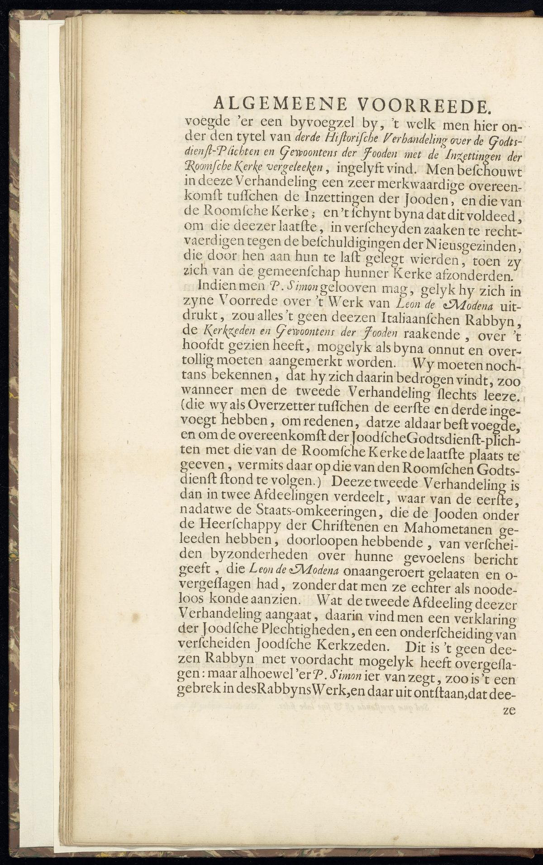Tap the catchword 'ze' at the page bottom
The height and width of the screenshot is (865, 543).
click(x=510, y=710)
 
